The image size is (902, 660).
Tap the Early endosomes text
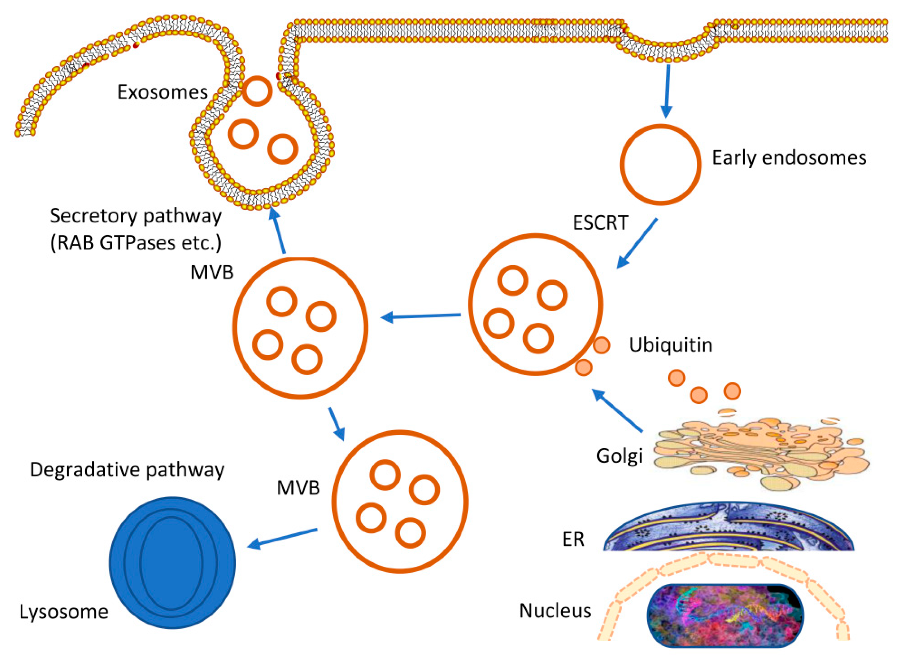[789, 158]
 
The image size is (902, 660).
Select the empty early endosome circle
[660, 165]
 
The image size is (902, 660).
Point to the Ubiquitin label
[670, 345]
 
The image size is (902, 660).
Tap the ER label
[573, 539]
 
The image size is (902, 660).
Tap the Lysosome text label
[64, 612]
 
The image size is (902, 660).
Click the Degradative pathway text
[127, 470]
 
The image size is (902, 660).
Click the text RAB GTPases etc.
[136, 242]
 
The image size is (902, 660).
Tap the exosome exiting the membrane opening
[257, 91]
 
